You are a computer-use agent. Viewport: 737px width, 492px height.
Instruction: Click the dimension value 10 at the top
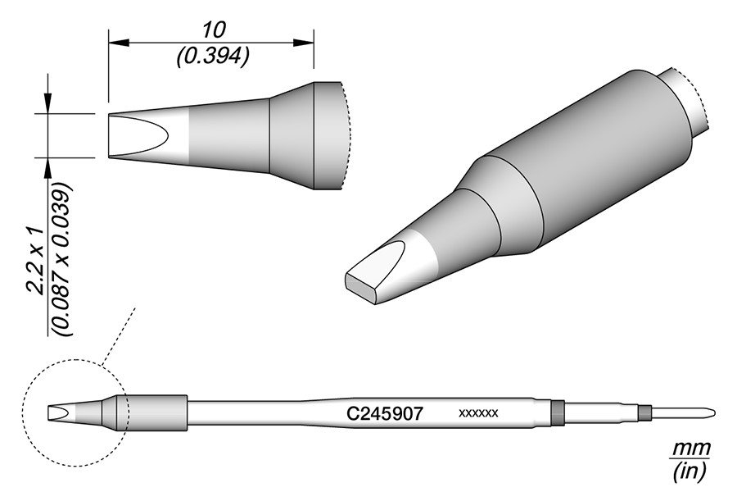point(215,30)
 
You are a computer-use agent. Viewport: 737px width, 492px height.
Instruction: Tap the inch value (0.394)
point(212,57)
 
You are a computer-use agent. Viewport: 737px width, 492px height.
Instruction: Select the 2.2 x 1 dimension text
point(36,262)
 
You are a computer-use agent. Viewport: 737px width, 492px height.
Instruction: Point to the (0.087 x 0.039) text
point(62,259)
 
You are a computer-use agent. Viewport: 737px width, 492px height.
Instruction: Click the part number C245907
point(385,414)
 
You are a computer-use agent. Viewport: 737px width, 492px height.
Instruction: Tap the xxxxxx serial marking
point(478,414)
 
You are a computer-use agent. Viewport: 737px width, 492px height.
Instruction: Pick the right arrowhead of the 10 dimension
point(304,43)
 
